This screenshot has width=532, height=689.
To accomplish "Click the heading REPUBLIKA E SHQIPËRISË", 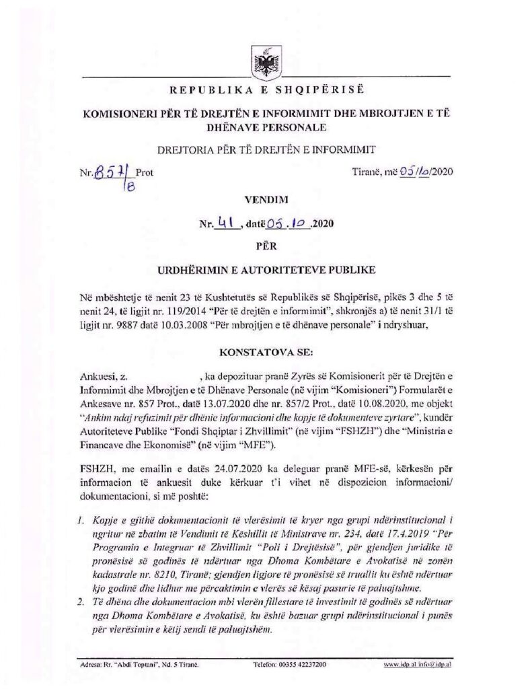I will coord(266,90).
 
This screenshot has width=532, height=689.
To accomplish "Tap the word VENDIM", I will coord(266,199).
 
